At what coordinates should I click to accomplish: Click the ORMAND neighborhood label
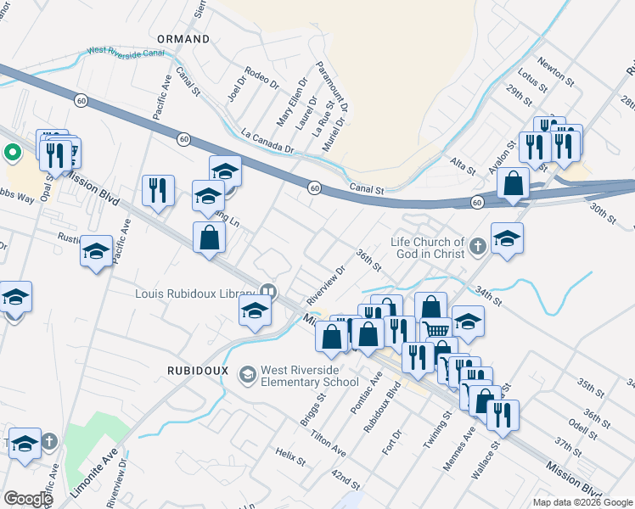click(x=183, y=40)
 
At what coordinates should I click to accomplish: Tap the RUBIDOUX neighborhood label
click(x=196, y=370)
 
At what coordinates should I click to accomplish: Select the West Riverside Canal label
click(x=125, y=52)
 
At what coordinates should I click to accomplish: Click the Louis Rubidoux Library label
click(x=196, y=294)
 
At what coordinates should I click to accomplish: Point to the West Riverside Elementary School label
click(x=310, y=377)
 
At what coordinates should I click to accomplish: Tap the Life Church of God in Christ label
click(x=428, y=248)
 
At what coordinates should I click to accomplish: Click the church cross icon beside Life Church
click(x=478, y=248)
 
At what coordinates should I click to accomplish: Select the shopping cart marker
click(x=436, y=330)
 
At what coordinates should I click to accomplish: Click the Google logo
click(x=28, y=499)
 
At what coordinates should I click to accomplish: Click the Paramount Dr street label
click(x=332, y=87)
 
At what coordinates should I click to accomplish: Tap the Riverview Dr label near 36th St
click(x=327, y=287)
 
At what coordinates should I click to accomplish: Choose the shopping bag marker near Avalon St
click(x=514, y=182)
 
